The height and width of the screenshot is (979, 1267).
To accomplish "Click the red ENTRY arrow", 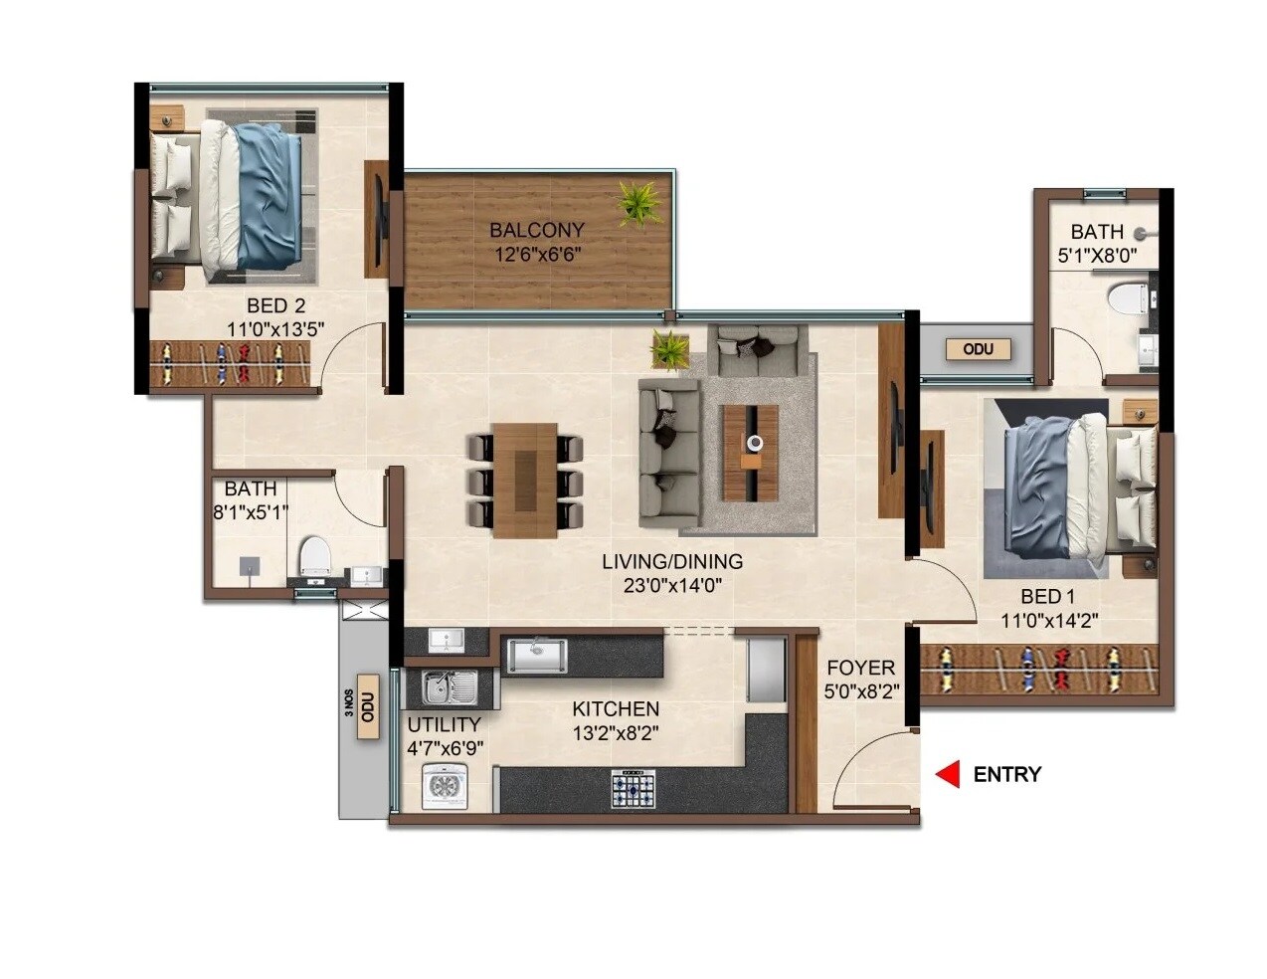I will pyautogui.click(x=950, y=774).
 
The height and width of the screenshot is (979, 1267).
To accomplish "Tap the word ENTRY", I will pyautogui.click(x=1006, y=774).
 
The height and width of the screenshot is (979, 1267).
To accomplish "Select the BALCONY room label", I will pyautogui.click(x=537, y=231).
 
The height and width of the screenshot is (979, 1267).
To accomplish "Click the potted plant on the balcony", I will pyautogui.click(x=638, y=202).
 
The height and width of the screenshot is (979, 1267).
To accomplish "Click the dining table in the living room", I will pyautogui.click(x=525, y=480).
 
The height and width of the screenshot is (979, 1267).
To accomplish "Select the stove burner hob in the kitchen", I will pyautogui.click(x=633, y=790).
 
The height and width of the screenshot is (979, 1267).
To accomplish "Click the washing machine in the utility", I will pyautogui.click(x=444, y=786).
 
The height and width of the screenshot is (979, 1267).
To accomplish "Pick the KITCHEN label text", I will pyautogui.click(x=616, y=709).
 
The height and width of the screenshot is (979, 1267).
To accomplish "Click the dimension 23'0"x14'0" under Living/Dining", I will pyautogui.click(x=671, y=586).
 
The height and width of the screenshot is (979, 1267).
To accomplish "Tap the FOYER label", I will pyautogui.click(x=860, y=668).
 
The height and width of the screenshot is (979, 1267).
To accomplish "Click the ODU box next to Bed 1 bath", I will pyautogui.click(x=978, y=349).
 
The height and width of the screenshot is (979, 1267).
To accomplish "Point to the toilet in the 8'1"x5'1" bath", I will pyautogui.click(x=314, y=554).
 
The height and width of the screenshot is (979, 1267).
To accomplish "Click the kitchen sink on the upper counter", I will pyautogui.click(x=536, y=655).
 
